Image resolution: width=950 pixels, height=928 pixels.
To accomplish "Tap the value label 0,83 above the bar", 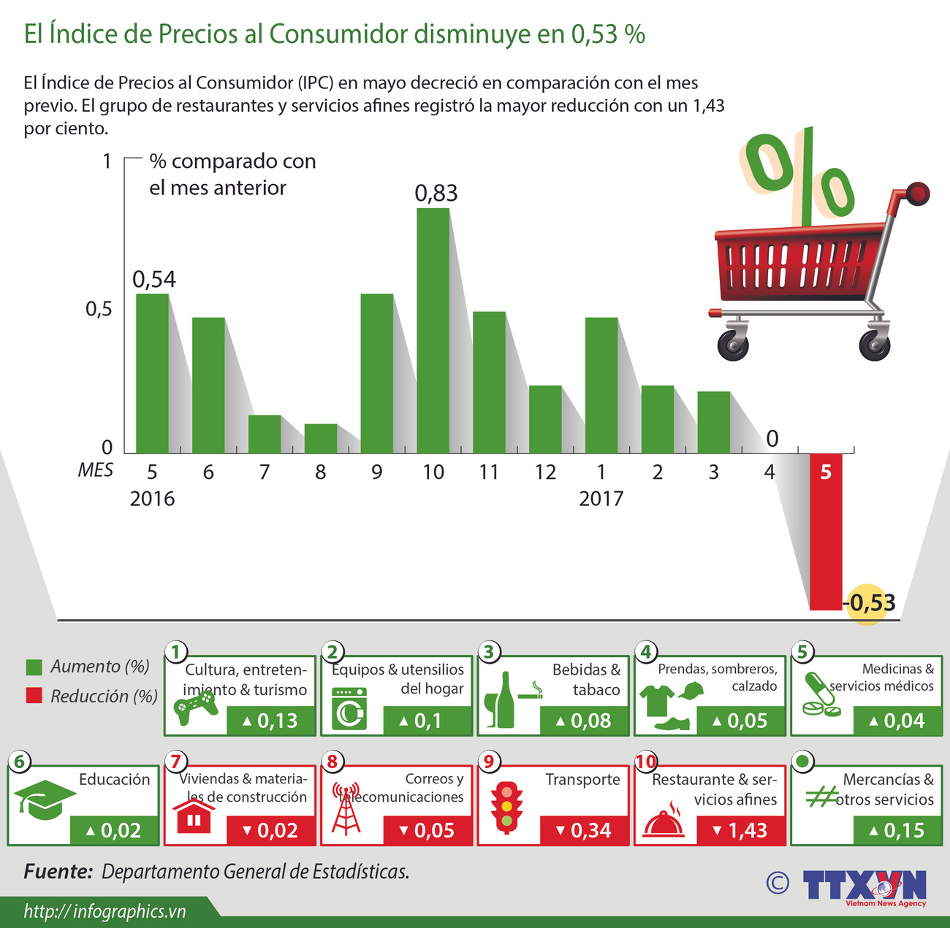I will tap(436, 193).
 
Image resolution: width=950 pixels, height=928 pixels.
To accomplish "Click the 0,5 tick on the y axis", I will tap(99, 309).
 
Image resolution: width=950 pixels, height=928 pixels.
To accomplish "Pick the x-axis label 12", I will tap(545, 472).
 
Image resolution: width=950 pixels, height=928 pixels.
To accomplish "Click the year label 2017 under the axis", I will tap(601, 499).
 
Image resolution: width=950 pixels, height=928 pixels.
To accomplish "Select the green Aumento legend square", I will tap(34, 667).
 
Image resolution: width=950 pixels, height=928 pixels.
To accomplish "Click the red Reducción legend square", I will tap(34, 696).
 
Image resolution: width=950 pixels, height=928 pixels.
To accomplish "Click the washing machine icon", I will tap(349, 708).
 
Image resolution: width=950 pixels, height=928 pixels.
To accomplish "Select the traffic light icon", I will tap(506, 808).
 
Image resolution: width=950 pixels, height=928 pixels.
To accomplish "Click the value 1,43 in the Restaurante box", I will tap(740, 831).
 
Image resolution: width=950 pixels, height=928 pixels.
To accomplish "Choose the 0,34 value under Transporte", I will tap(583, 831).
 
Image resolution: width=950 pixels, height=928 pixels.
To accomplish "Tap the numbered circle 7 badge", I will tap(175, 762).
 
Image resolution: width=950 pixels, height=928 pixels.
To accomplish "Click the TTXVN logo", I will tap(864, 886).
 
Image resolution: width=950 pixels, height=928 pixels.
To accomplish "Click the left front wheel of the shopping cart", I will tap(732, 345).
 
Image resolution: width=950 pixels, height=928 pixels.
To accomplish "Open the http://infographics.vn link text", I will tap(104, 911).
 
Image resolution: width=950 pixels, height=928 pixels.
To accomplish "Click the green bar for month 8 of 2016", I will tap(320, 439).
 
